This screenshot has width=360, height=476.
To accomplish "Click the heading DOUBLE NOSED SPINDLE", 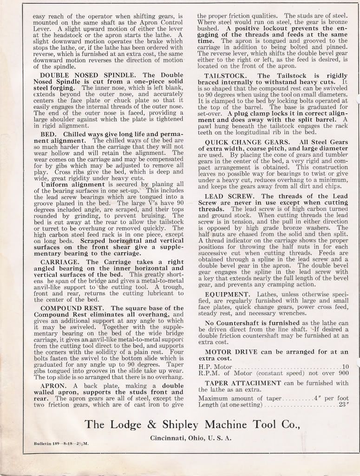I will [x=81, y=75].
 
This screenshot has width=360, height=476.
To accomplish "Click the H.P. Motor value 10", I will [x=345, y=366].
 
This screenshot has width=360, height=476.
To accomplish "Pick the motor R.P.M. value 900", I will [x=343, y=373].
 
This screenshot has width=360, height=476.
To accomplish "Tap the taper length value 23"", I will [x=343, y=404].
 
